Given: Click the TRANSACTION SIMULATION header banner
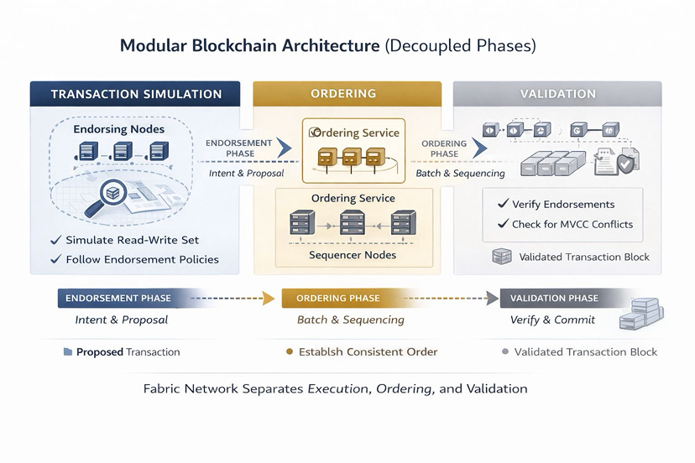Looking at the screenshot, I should [135, 94].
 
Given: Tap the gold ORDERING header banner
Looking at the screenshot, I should [347, 94].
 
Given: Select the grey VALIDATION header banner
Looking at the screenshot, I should [557, 94].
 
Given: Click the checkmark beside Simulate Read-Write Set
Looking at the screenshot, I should [55, 241].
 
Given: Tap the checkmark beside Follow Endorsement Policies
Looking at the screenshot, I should [55, 259].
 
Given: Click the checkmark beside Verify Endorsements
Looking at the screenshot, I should [503, 204].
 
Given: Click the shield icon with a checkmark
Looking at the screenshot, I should [625, 164].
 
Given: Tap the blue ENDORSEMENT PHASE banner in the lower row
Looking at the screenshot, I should [118, 298].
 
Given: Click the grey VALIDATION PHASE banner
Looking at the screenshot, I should [555, 298].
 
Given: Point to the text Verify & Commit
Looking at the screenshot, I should [552, 320].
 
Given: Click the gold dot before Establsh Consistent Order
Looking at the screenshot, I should [290, 352].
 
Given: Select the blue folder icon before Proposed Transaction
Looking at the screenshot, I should [67, 352].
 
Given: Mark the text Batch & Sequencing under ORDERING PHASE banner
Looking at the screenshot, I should [350, 320].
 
